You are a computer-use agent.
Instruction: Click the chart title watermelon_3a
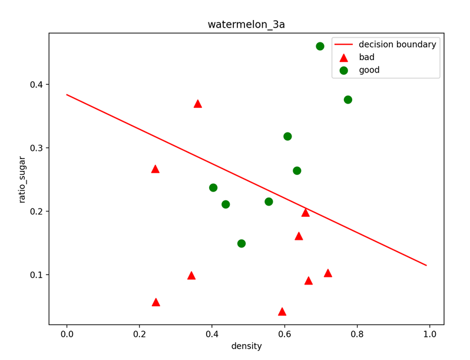246,25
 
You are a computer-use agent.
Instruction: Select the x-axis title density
246,346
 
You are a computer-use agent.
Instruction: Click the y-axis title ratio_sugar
22,179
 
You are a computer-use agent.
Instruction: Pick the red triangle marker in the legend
344,58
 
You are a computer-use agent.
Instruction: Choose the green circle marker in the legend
344,70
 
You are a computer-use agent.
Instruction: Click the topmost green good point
320,46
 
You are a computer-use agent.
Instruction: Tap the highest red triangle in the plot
198,104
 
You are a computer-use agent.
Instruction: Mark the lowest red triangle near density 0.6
282,312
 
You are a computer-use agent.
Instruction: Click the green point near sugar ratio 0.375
348,100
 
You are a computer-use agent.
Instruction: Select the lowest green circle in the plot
241,243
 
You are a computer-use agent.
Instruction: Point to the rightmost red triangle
328,273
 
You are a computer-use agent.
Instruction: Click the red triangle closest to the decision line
306,212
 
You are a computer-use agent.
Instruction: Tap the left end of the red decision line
67,94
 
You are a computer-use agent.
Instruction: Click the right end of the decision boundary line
426,265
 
